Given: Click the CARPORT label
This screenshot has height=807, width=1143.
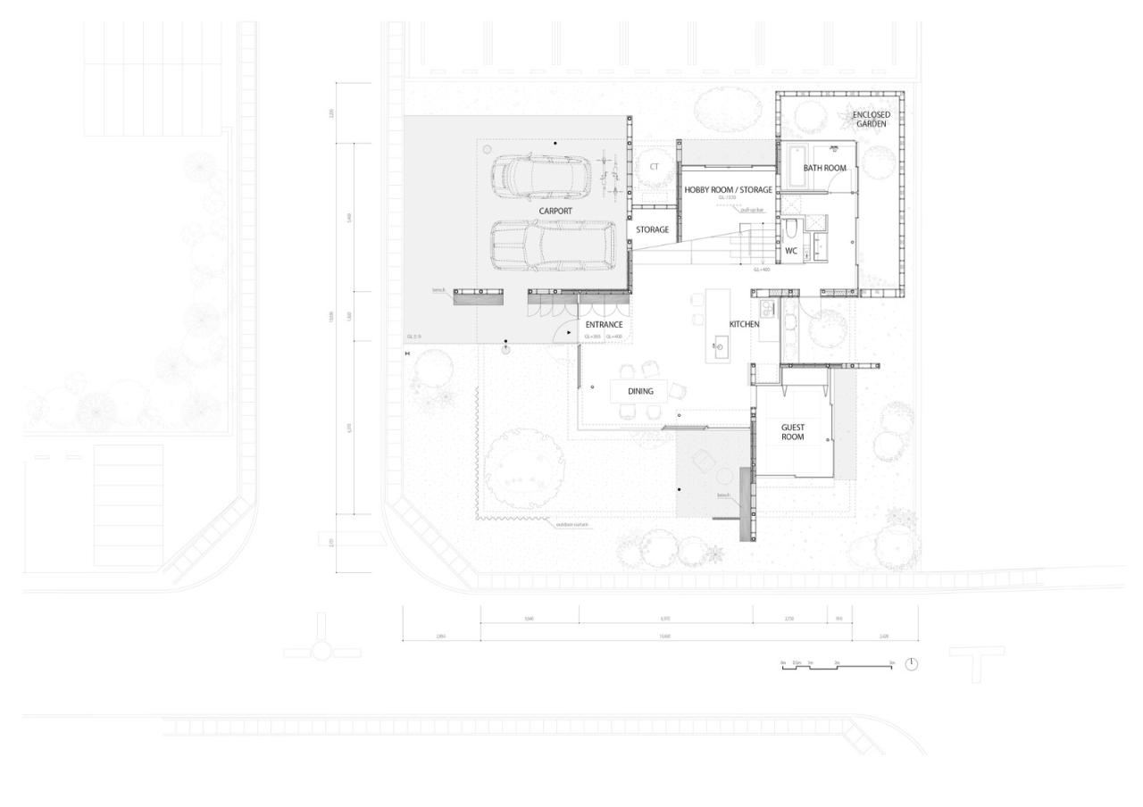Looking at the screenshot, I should (555, 212).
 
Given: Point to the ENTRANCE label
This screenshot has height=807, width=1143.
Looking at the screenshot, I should (604, 325).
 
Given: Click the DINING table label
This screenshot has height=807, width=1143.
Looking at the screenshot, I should (640, 391).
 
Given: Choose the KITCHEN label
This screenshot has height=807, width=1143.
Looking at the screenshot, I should (744, 324).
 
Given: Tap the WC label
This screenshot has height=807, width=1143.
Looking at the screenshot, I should (790, 252).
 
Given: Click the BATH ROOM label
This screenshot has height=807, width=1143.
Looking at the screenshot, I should (824, 168).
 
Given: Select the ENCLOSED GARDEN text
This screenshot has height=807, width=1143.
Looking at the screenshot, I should (870, 120).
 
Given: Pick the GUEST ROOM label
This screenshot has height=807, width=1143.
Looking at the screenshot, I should (792, 432).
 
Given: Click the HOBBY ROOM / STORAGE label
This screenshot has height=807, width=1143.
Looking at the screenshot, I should (728, 190).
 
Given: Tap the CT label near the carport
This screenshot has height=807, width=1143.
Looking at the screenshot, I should (654, 167).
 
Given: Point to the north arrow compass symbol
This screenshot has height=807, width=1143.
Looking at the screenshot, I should (911, 664).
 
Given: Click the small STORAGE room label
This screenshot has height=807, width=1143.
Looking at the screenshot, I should (652, 230).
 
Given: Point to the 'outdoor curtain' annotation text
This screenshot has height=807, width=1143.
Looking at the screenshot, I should (572, 525).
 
